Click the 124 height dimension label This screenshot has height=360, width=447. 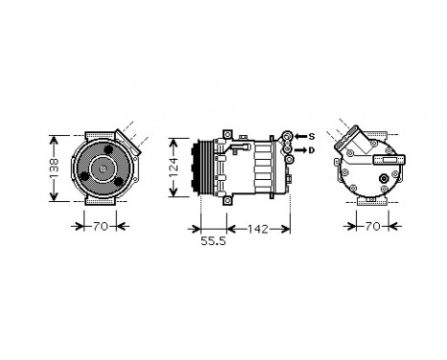pyautogui.click(x=174, y=165)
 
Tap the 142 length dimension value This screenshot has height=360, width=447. pyautogui.click(x=252, y=227)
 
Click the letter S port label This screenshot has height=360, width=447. pyautogui.click(x=310, y=137)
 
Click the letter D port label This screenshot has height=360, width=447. pyautogui.click(x=310, y=150)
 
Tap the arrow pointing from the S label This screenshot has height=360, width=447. pyautogui.click(x=296, y=137)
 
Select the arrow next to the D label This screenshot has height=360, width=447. pyautogui.click(x=298, y=150)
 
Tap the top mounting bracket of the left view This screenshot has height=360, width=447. pyautogui.click(x=100, y=129)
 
